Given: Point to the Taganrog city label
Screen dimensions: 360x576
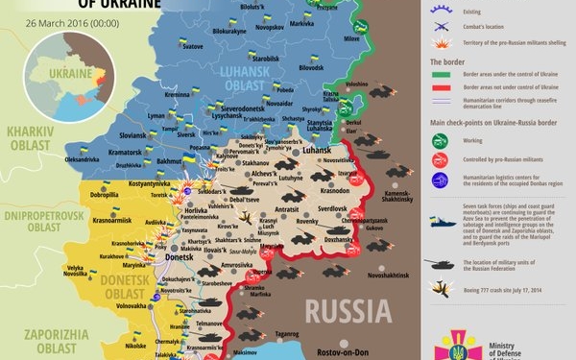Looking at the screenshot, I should click(286, 333).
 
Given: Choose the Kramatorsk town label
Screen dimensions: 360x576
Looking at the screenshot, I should click(128, 153).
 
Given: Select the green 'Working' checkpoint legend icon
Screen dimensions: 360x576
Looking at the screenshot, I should click(440, 140).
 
